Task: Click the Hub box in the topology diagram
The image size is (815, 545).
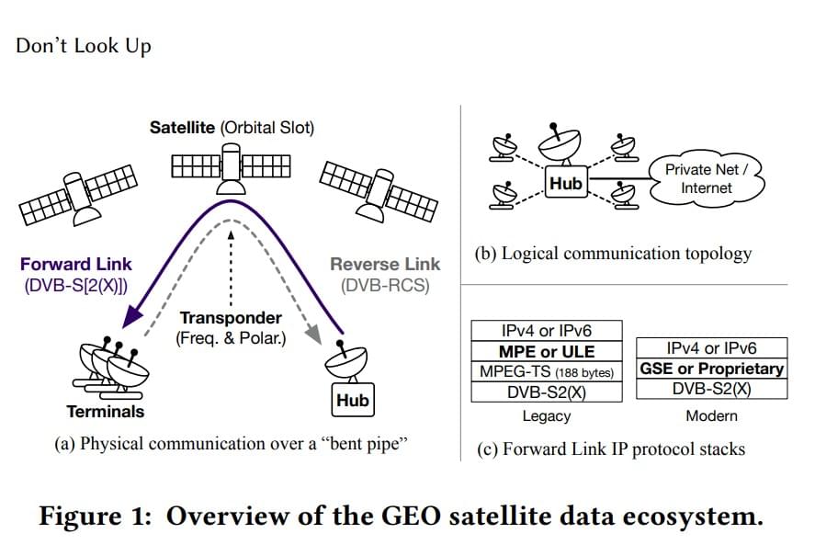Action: click(565, 183)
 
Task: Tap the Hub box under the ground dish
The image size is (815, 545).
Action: click(353, 400)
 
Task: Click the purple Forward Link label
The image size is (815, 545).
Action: click(76, 265)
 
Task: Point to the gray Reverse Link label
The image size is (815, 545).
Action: click(385, 265)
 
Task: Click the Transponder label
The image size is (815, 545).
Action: click(231, 318)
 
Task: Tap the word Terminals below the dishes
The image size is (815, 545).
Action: click(106, 411)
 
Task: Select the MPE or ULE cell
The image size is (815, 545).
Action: click(547, 351)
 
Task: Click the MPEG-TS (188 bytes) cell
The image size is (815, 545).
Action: click(547, 371)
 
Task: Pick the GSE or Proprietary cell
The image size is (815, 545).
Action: click(712, 369)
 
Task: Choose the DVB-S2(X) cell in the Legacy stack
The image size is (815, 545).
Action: click(547, 392)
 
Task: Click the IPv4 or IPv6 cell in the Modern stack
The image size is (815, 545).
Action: click(712, 348)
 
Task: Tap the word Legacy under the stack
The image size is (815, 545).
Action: click(546, 416)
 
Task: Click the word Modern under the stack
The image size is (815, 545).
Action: click(711, 416)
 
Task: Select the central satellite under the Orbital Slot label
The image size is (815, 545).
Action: click(230, 170)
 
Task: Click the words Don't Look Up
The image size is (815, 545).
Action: click(83, 45)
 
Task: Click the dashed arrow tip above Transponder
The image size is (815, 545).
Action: click(231, 234)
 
